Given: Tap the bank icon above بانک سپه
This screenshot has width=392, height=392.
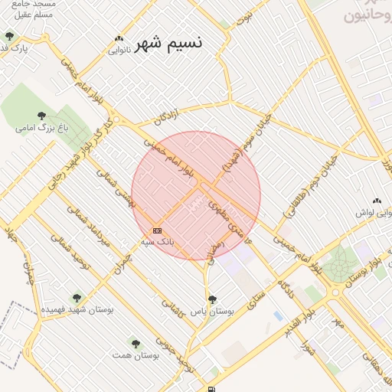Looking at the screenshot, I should pyautogui.click(x=157, y=230).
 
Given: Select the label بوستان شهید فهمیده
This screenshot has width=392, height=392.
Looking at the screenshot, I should pyautogui.click(x=76, y=309).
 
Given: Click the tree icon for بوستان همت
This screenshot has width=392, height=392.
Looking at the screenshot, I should pyautogui.click(x=136, y=344).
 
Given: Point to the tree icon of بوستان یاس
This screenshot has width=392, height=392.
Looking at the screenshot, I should pyautogui.click(x=212, y=299).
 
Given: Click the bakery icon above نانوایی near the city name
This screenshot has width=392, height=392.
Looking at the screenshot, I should pyautogui.click(x=119, y=39).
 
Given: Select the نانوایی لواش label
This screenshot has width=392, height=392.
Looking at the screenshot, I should pyautogui.click(x=374, y=214).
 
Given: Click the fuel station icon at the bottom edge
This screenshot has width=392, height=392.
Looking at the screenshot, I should pyautogui.click(x=211, y=389).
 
